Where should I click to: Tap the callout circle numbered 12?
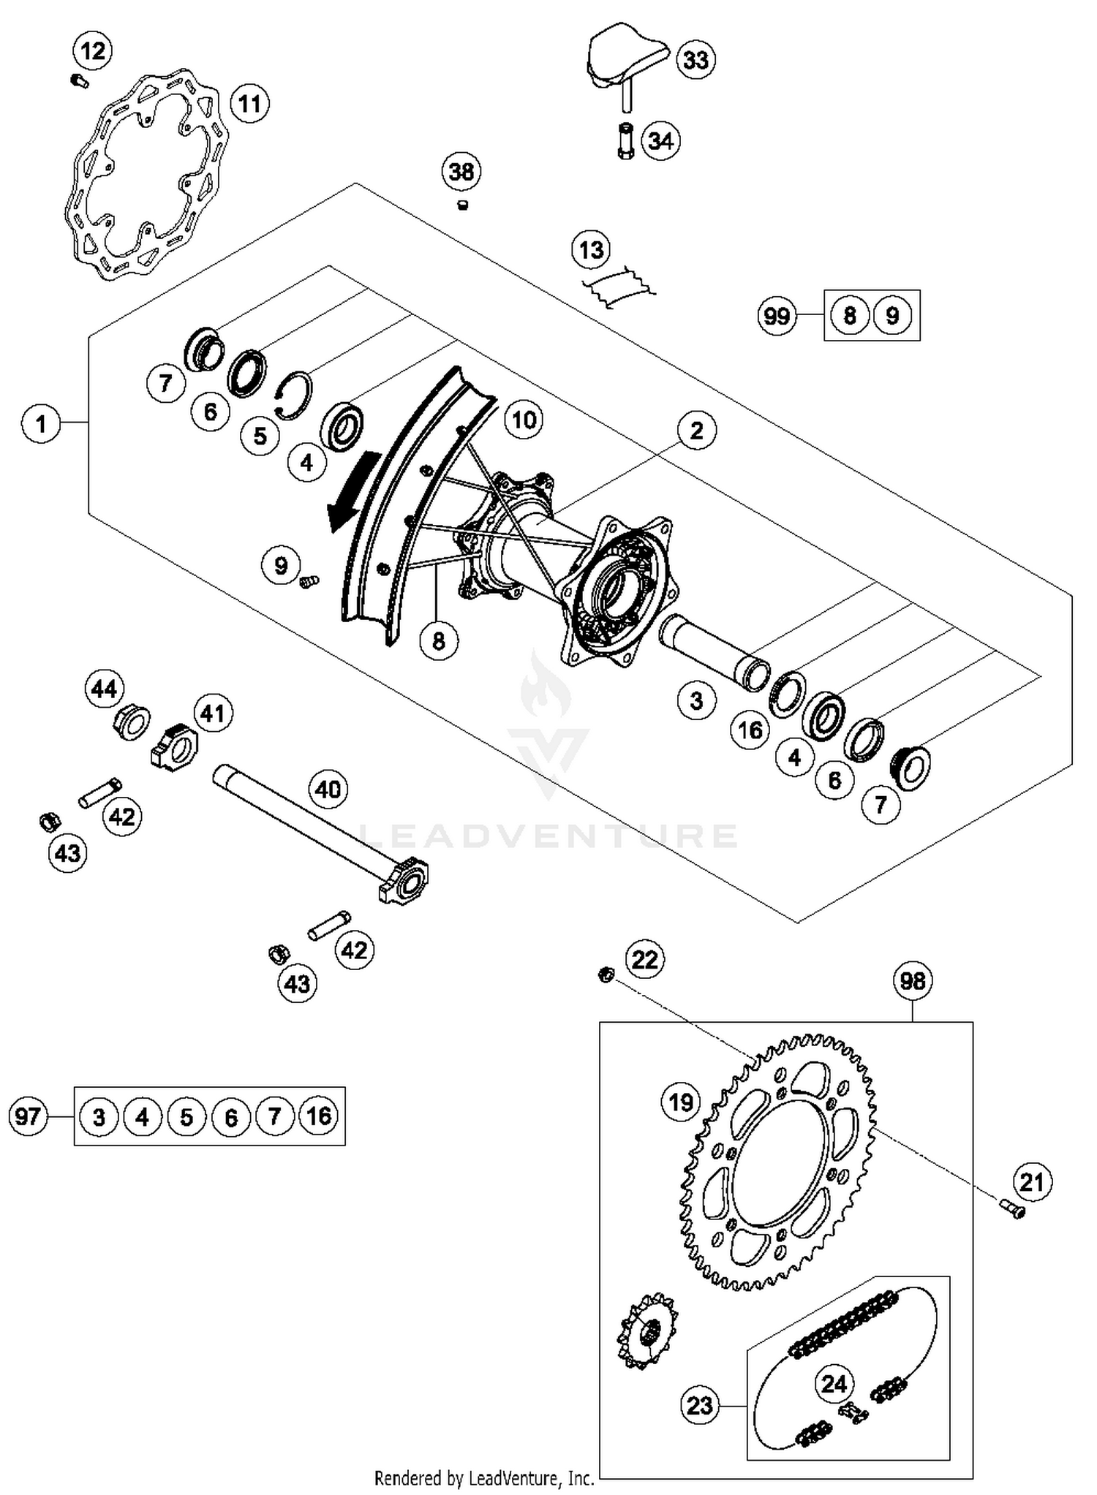(x=93, y=51)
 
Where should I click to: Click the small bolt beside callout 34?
(x=625, y=141)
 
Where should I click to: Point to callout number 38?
(x=461, y=173)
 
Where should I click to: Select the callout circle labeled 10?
(x=524, y=420)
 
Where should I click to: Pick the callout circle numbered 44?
(x=104, y=689)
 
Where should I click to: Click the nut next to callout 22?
(x=606, y=974)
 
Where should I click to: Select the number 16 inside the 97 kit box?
(x=319, y=1116)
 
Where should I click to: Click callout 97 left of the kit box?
(x=29, y=1116)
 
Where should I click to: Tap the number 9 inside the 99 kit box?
(x=891, y=315)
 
